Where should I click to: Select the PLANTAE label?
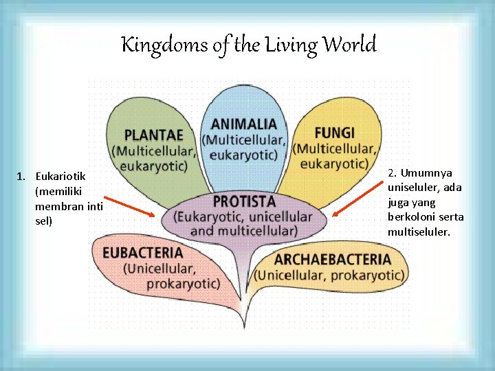154,135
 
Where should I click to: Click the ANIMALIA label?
244,124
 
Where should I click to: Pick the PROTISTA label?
244,201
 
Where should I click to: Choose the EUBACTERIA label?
142,253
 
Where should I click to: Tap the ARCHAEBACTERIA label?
332,260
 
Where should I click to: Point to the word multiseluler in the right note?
419,232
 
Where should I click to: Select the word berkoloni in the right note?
410,217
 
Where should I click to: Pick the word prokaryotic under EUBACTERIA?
183,282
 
